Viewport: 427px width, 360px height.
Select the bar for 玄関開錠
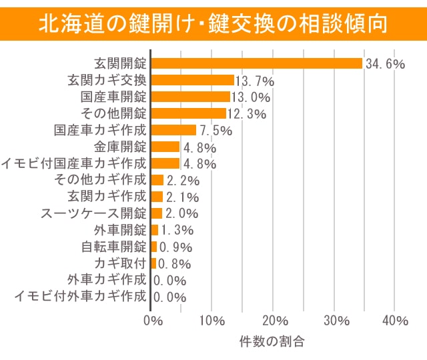click(x=257, y=63)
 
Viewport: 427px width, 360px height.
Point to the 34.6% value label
click(x=385, y=64)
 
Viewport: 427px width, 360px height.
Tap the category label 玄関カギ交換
click(x=107, y=80)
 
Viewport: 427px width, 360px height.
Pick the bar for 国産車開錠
click(x=191, y=97)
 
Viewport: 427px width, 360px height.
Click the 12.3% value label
click(x=246, y=114)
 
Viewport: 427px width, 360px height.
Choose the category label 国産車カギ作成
click(x=99, y=130)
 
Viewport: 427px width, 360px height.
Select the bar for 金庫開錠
click(x=166, y=147)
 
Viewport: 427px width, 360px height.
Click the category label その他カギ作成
click(x=99, y=180)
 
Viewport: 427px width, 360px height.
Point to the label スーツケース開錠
click(x=93, y=213)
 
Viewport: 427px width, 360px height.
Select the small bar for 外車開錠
click(x=155, y=230)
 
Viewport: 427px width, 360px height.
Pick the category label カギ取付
click(x=120, y=263)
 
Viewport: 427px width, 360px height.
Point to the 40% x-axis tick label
click(x=396, y=321)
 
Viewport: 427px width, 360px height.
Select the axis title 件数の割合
click(x=272, y=343)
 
